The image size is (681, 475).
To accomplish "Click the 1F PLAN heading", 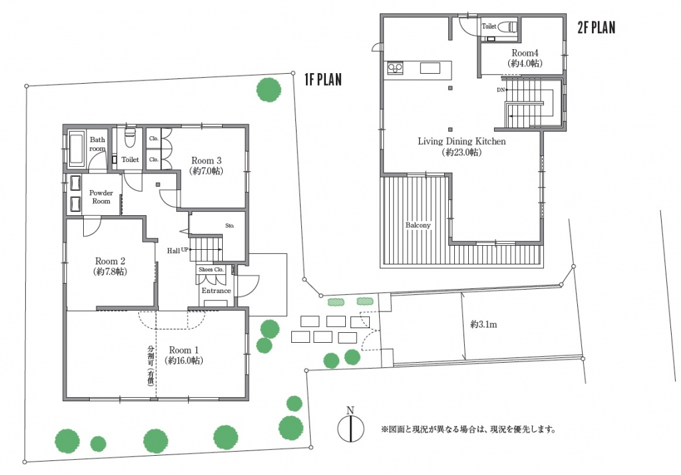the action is (x=323, y=79).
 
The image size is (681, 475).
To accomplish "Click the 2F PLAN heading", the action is (x=597, y=27).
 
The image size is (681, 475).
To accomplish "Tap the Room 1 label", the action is (x=184, y=349).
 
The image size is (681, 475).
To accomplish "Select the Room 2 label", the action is (x=110, y=261).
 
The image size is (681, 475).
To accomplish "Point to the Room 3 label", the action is (x=206, y=161).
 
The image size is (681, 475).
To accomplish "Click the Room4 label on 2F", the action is (x=525, y=53).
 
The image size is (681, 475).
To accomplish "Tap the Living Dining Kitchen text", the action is (x=462, y=141).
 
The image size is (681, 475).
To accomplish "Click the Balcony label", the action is (x=418, y=225).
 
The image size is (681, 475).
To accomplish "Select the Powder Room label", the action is (x=101, y=197).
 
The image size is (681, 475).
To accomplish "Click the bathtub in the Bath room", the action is (x=76, y=148).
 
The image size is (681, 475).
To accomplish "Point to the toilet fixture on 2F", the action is (x=507, y=27).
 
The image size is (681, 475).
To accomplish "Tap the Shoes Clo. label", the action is (x=211, y=269).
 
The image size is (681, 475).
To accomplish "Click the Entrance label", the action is (x=216, y=290).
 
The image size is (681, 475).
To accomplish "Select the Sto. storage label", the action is (x=229, y=226).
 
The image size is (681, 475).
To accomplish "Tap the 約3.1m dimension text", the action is (x=484, y=324).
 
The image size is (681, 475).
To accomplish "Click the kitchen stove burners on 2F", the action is (x=395, y=68).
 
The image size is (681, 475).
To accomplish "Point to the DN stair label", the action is (x=501, y=90).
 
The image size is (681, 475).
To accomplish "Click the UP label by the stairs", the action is (x=185, y=250).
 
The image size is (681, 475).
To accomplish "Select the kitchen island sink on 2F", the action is (x=430, y=68).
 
